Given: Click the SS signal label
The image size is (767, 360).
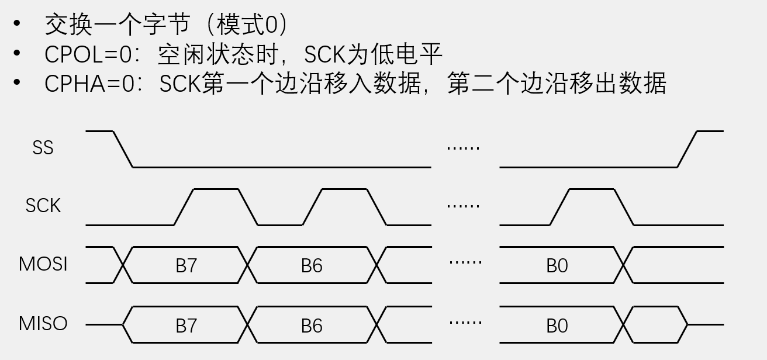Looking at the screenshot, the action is pyautogui.click(x=43, y=148).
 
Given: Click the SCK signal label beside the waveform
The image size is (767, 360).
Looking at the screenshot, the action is pyautogui.click(x=43, y=206).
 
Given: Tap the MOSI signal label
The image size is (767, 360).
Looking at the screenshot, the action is pyautogui.click(x=43, y=264).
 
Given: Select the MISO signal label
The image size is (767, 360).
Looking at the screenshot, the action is pyautogui.click(x=43, y=324).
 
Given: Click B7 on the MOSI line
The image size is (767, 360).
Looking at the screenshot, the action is pyautogui.click(x=186, y=266).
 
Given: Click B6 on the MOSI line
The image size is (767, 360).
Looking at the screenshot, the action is pyautogui.click(x=312, y=266).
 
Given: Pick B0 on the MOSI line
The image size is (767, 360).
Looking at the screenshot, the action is pyautogui.click(x=557, y=266).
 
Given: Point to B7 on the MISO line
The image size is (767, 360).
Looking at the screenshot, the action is pyautogui.click(x=186, y=326).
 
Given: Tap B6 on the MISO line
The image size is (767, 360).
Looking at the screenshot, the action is pyautogui.click(x=312, y=326).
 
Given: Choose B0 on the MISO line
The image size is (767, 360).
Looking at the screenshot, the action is pyautogui.click(x=557, y=326).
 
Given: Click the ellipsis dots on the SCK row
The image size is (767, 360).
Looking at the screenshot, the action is pyautogui.click(x=463, y=206).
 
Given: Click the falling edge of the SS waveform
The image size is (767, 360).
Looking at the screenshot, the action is pyautogui.click(x=123, y=149).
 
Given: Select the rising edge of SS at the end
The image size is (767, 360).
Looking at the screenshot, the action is pyautogui.click(x=687, y=149).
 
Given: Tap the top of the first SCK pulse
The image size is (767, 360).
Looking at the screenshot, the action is pyautogui.click(x=216, y=189).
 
